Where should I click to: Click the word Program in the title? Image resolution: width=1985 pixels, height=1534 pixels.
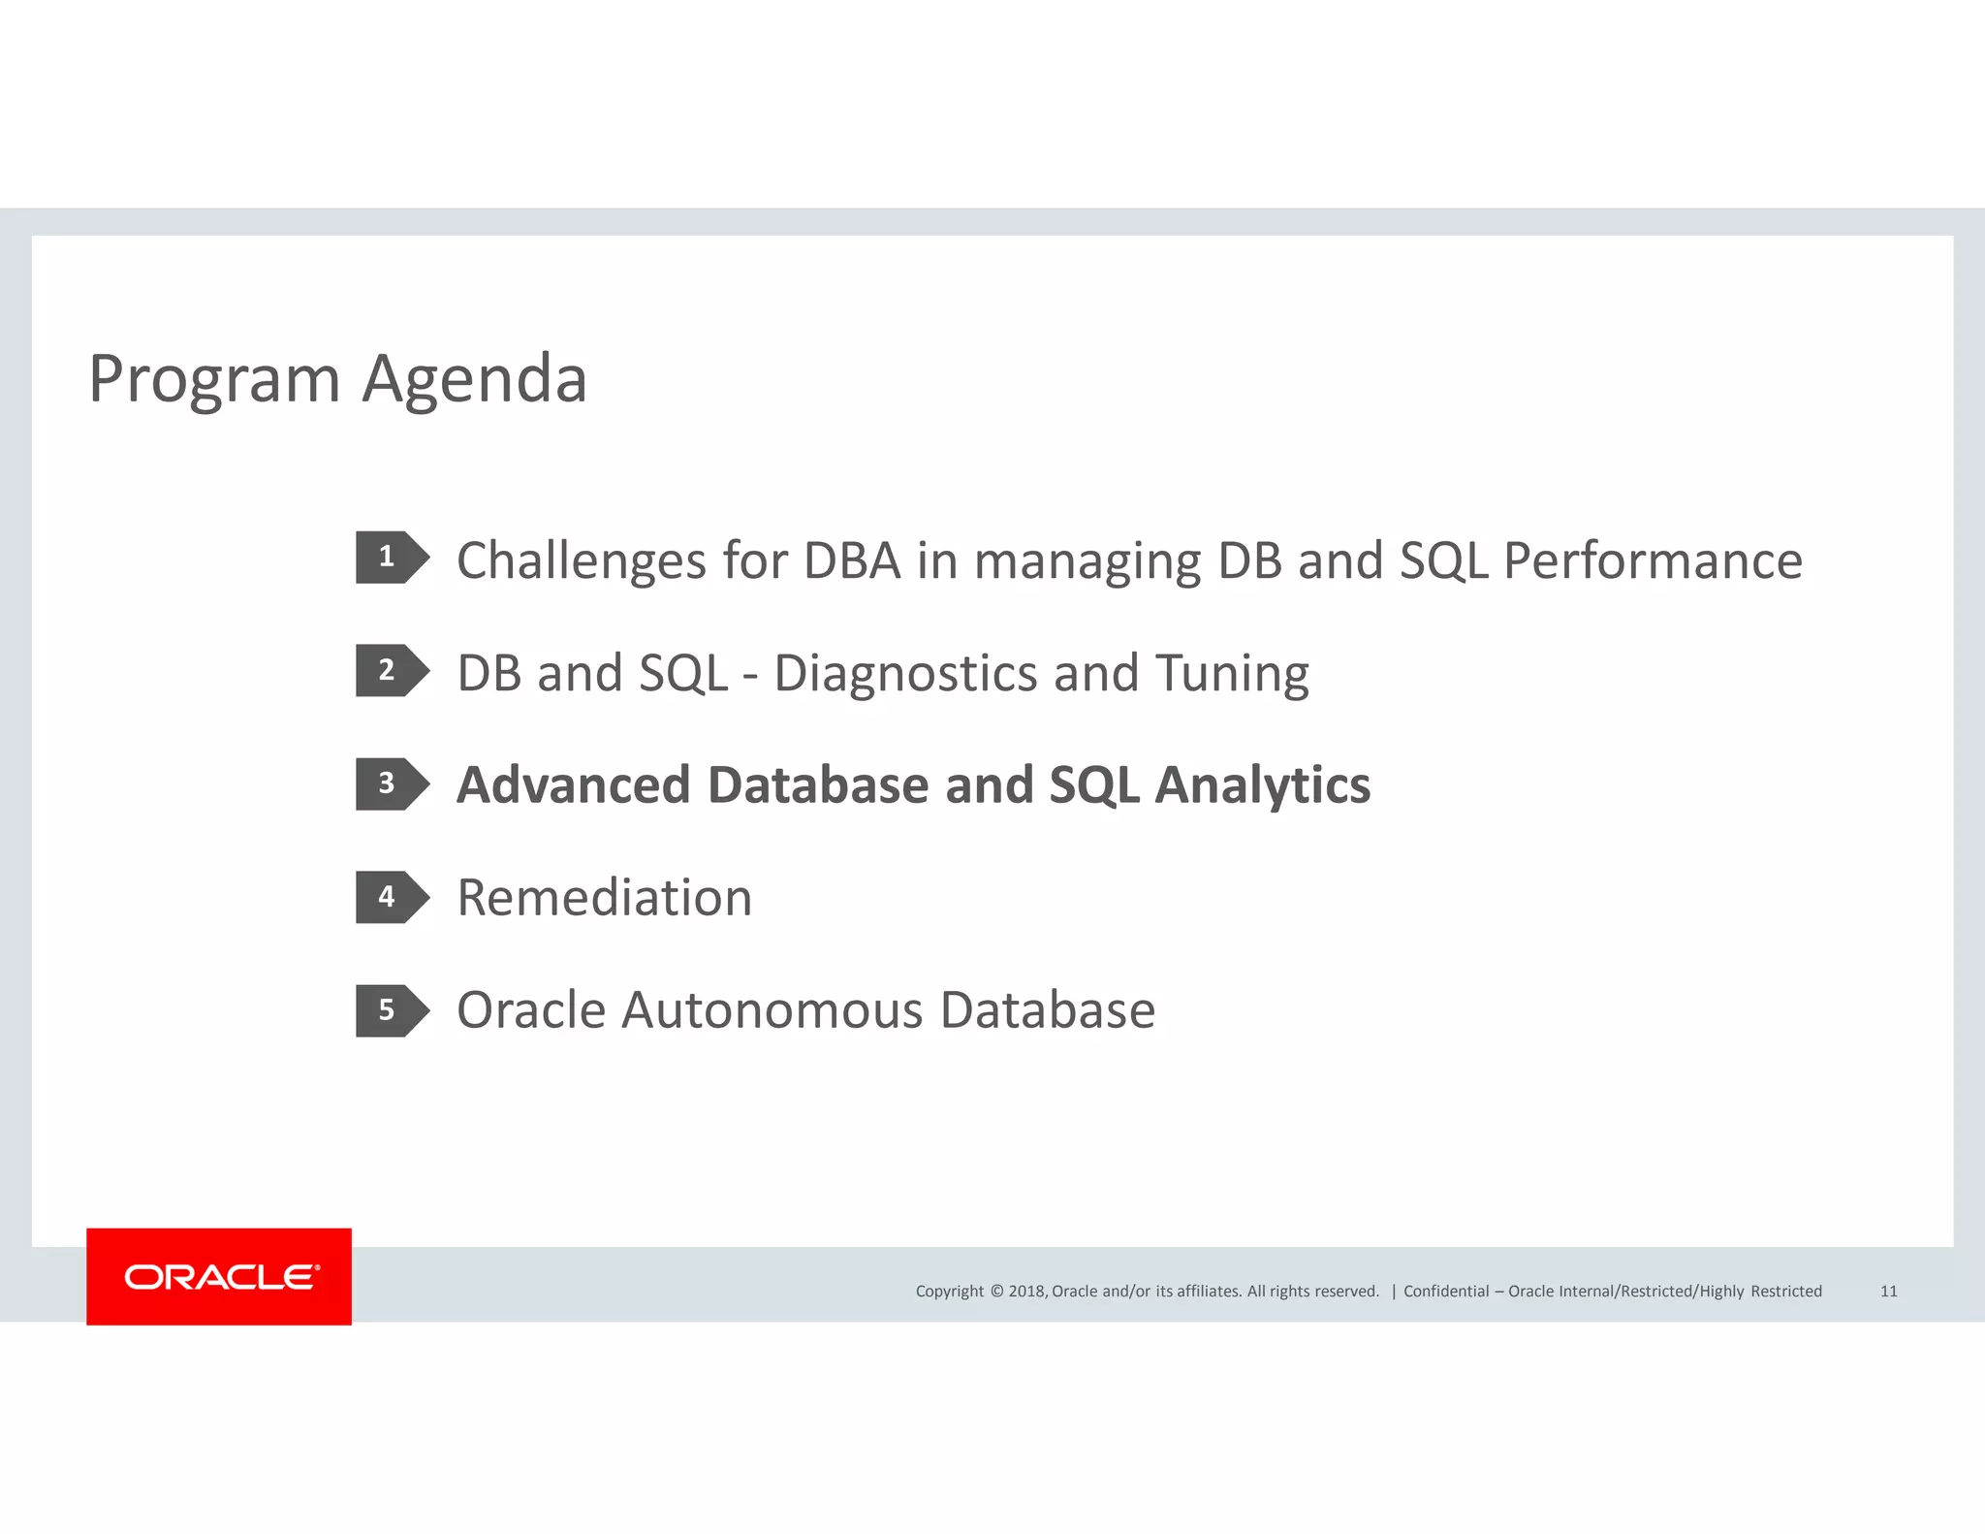[213, 380]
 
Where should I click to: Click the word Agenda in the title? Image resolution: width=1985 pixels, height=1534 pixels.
[474, 380]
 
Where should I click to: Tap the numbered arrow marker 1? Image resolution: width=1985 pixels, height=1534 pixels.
[391, 558]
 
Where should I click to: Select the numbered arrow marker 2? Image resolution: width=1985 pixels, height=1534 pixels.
[391, 670]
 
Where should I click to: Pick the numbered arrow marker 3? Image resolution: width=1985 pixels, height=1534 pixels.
[391, 783]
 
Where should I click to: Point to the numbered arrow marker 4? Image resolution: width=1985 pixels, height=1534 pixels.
[391, 897]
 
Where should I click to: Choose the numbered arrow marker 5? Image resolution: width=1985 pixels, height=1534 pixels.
[391, 1010]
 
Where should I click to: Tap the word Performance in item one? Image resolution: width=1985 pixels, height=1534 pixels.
[1653, 561]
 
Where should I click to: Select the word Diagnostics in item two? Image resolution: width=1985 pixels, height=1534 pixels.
[905, 674]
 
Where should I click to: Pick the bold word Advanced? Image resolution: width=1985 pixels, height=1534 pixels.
[573, 785]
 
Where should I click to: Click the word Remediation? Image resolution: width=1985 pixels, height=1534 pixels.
[604, 898]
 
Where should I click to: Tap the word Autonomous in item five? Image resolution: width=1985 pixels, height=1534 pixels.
[772, 1010]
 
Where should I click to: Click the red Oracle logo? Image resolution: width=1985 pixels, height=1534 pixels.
[219, 1276]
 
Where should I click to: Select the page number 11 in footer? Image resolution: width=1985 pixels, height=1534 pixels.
[1888, 1291]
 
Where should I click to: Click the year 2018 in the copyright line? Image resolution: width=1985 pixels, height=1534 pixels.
[1026, 1292]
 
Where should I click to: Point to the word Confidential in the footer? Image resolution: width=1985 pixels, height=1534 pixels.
[1445, 1292]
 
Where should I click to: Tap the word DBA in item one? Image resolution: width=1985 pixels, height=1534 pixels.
[852, 561]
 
